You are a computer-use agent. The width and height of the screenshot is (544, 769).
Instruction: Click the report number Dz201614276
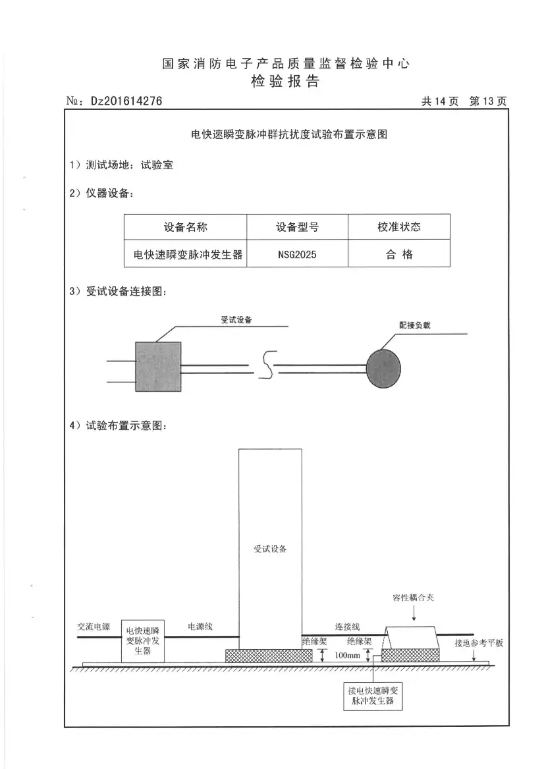click(x=126, y=101)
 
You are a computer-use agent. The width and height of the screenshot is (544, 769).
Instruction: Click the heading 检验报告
click(x=285, y=82)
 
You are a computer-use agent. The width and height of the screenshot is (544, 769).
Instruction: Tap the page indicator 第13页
click(x=487, y=101)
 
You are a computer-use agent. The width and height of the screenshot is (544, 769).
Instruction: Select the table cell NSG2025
click(x=297, y=254)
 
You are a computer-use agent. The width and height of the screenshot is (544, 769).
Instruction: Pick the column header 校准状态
click(x=399, y=227)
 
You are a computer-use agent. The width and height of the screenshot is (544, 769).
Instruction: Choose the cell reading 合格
click(x=399, y=254)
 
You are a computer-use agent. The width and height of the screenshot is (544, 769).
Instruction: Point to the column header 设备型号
click(x=297, y=227)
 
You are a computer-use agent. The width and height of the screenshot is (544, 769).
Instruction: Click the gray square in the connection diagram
click(x=158, y=366)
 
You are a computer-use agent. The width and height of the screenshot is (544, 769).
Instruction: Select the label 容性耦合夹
click(x=414, y=597)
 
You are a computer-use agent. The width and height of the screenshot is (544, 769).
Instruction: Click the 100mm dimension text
click(x=347, y=656)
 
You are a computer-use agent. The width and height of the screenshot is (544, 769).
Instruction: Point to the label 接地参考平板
click(x=479, y=643)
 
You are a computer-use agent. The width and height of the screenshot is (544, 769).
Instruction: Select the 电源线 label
click(x=200, y=626)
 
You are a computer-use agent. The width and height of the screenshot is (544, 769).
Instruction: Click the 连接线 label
click(x=347, y=626)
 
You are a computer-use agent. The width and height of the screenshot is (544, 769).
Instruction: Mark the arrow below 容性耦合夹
click(x=414, y=614)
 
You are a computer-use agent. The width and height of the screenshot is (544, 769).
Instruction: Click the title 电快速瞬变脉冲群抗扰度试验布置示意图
click(x=288, y=134)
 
